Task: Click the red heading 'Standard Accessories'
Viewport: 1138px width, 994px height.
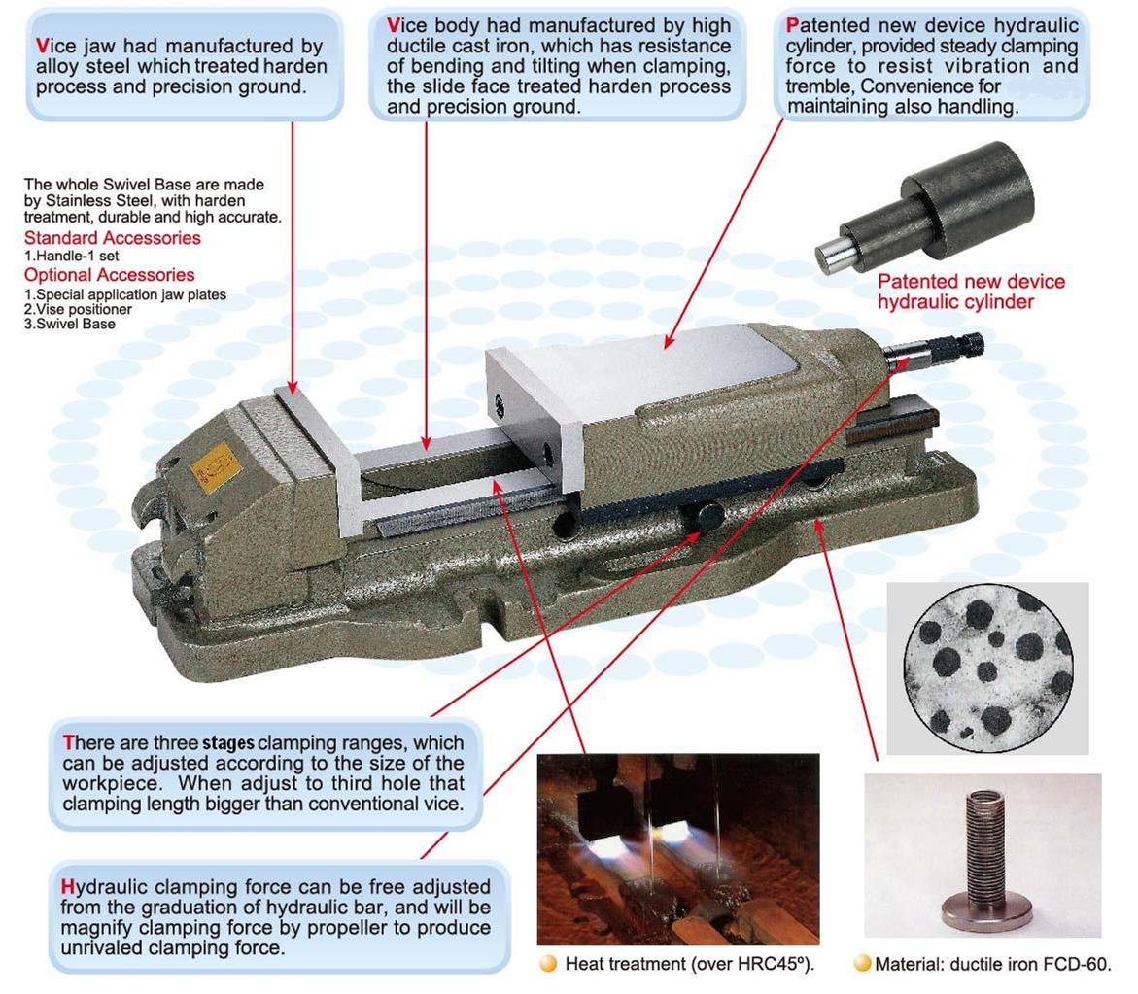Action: point(113,238)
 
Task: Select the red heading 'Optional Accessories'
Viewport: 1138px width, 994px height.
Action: point(110,275)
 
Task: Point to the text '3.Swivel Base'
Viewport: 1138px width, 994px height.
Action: point(70,325)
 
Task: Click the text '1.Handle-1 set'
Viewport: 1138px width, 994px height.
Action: point(71,257)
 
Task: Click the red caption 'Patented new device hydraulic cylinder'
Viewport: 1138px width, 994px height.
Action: point(971,291)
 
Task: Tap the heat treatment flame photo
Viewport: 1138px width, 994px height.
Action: point(678,849)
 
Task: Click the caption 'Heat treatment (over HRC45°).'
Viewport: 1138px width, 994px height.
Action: point(689,964)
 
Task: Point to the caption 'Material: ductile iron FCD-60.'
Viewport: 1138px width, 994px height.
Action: point(993,964)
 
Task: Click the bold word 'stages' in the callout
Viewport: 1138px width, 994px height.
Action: point(227,743)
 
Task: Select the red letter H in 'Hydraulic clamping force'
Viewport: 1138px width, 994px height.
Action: point(68,886)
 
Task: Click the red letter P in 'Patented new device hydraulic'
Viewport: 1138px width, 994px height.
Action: point(793,25)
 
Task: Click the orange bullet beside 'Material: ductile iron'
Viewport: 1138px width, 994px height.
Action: point(862,964)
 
